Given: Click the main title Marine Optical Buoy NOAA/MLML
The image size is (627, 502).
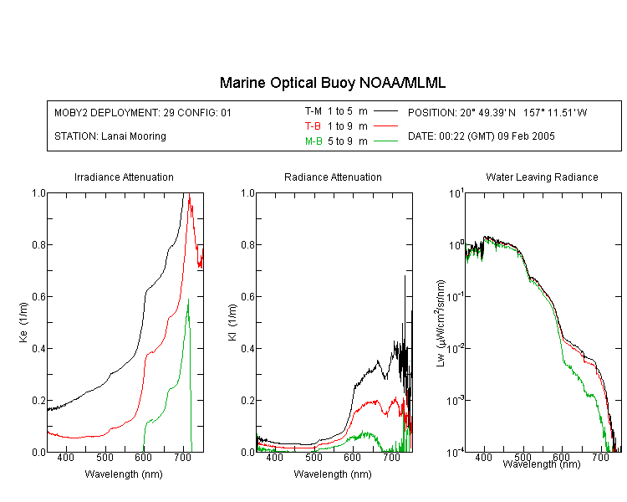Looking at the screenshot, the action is point(332,84).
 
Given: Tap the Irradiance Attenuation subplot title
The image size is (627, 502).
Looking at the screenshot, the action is point(124,177).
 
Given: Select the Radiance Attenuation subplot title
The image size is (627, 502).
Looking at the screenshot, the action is point(333,177).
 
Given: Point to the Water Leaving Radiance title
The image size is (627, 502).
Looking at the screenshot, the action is point(542,177).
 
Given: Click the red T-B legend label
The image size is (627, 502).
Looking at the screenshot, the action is point(313,126).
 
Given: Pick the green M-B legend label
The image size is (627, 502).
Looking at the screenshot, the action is point(313,141).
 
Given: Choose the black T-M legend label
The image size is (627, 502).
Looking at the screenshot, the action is point(313,111).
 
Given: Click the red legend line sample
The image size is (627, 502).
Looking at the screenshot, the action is point(385,126).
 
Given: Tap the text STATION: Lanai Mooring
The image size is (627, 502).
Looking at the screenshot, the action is point(110,136).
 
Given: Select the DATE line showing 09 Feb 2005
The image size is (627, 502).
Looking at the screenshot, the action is point(481,136).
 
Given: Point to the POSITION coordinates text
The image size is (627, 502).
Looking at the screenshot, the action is point(497,113).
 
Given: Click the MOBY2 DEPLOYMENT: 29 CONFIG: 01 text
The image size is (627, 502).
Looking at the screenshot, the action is point(143,113).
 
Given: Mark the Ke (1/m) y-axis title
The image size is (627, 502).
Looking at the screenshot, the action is point(23,322).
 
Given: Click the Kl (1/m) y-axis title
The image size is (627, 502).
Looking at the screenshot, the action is point(232,322).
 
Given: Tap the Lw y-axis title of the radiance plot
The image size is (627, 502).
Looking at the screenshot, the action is point(441,323).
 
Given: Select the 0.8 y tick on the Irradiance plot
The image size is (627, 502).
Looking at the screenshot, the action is point(38,244).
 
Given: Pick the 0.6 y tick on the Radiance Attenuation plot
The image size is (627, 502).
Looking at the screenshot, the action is point(248,297).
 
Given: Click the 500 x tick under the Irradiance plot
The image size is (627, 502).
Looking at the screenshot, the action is point(104,457).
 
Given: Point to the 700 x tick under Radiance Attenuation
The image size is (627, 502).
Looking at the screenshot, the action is point(391,457).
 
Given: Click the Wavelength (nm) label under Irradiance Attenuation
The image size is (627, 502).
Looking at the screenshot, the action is point(124,474).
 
